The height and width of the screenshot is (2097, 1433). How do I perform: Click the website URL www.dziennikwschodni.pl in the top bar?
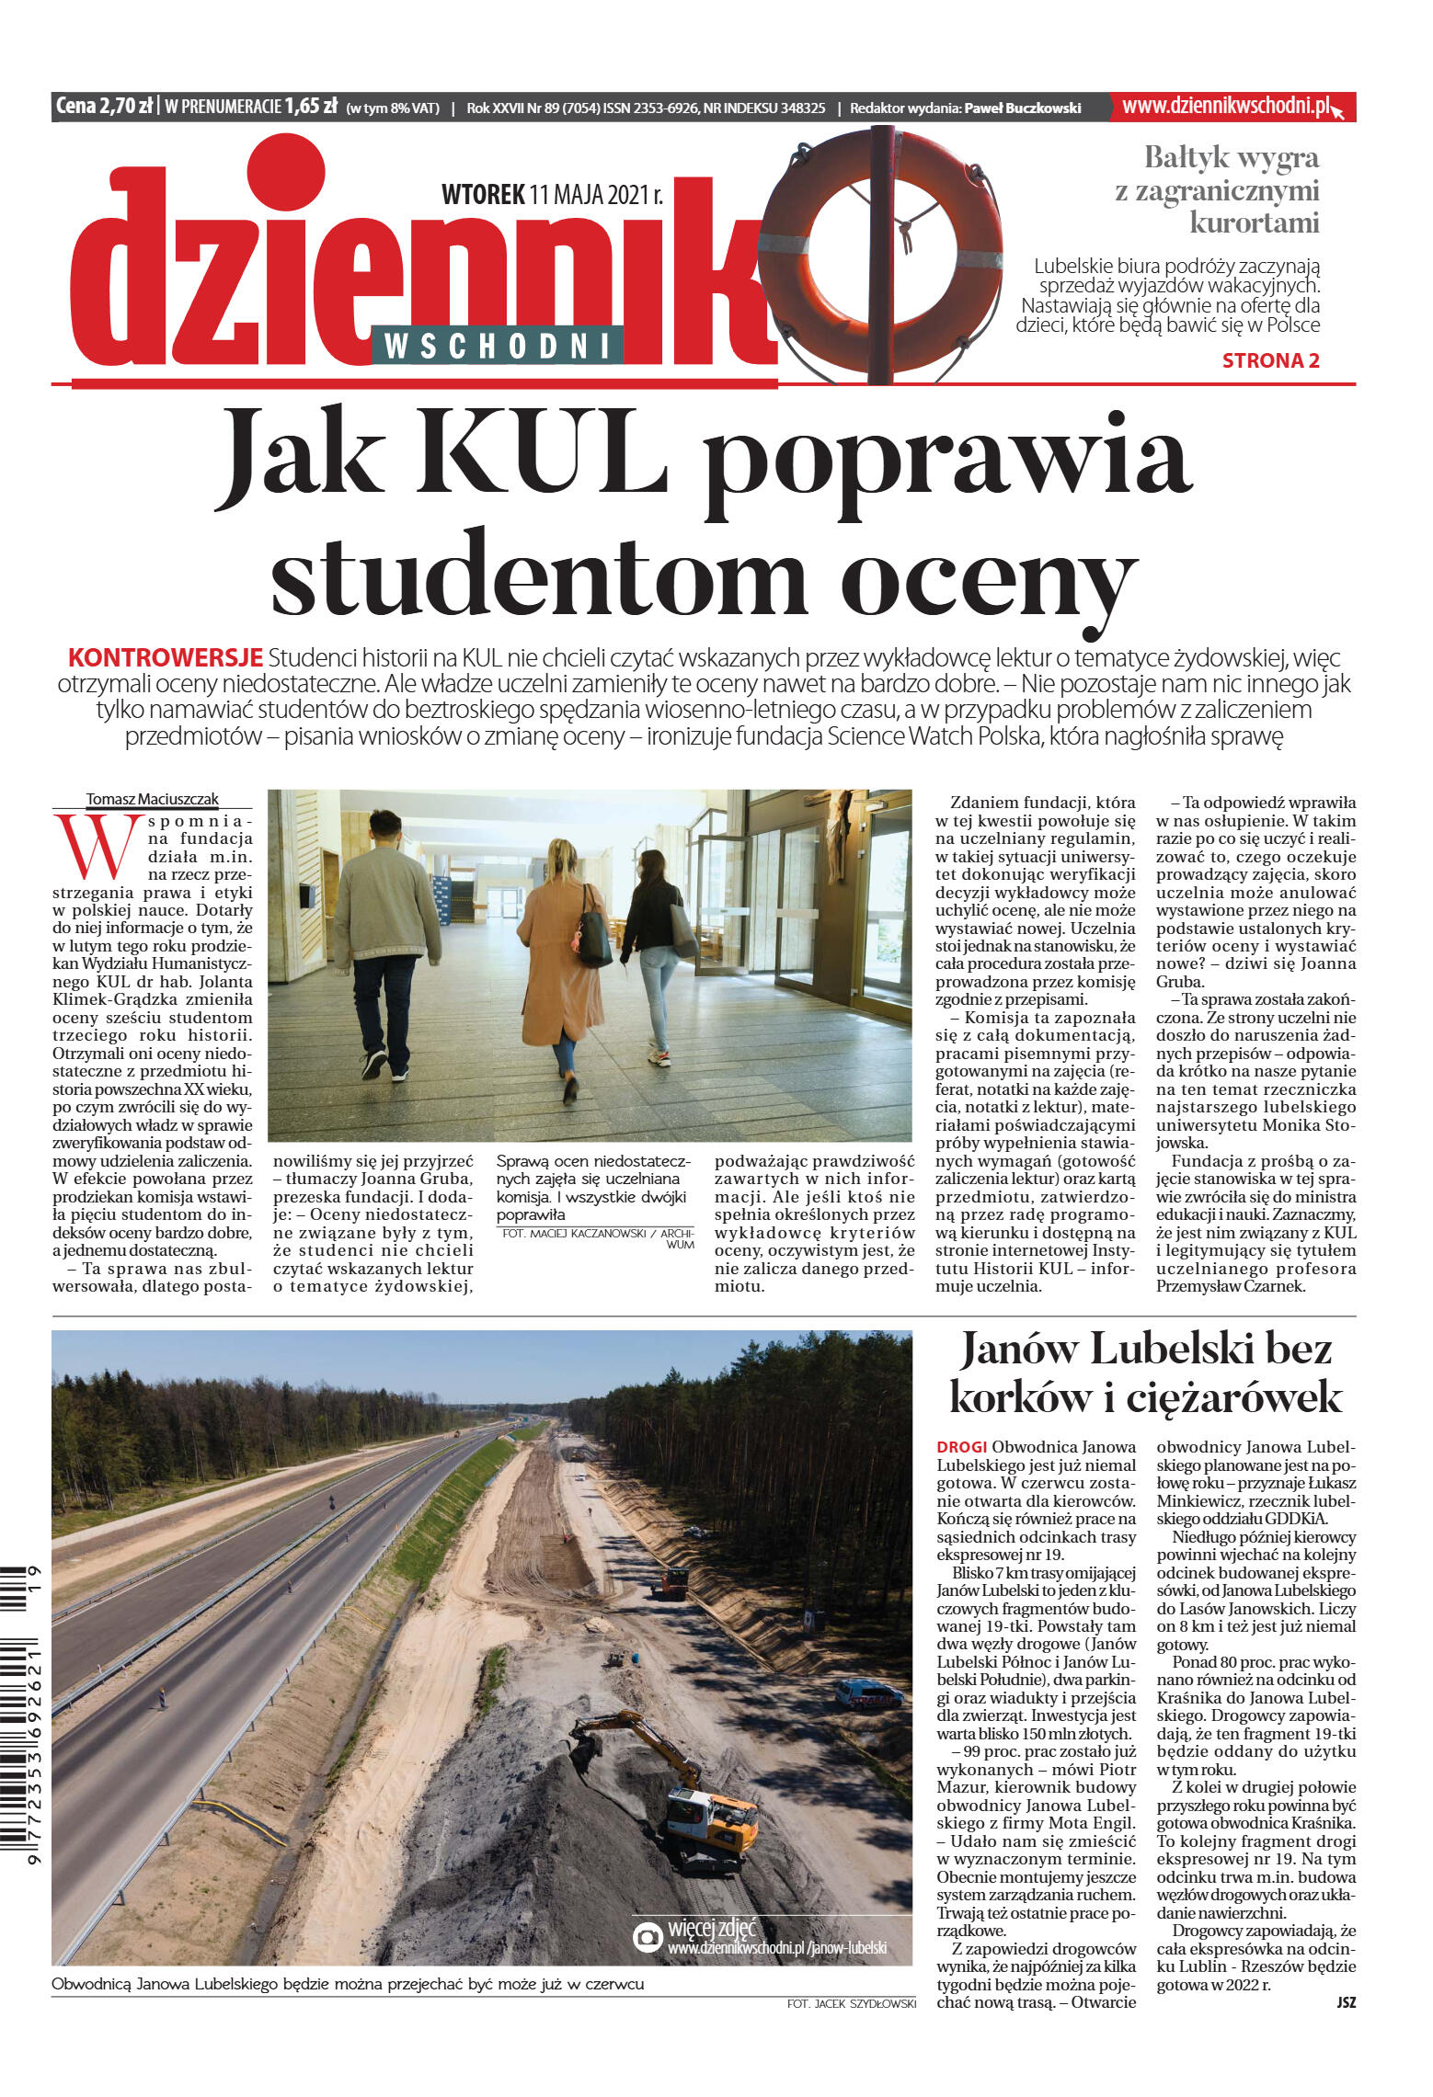(1226, 107)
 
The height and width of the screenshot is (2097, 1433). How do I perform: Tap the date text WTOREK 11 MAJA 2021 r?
(552, 195)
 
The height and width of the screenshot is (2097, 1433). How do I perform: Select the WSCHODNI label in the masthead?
(498, 346)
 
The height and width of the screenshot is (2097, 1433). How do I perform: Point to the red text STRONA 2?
(1270, 360)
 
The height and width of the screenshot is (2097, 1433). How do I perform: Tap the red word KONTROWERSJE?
(166, 657)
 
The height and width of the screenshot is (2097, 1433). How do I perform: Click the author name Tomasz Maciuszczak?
(153, 799)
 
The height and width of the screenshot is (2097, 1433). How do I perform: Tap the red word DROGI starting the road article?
(961, 1447)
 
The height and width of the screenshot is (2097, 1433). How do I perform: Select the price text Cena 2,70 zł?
(104, 107)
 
